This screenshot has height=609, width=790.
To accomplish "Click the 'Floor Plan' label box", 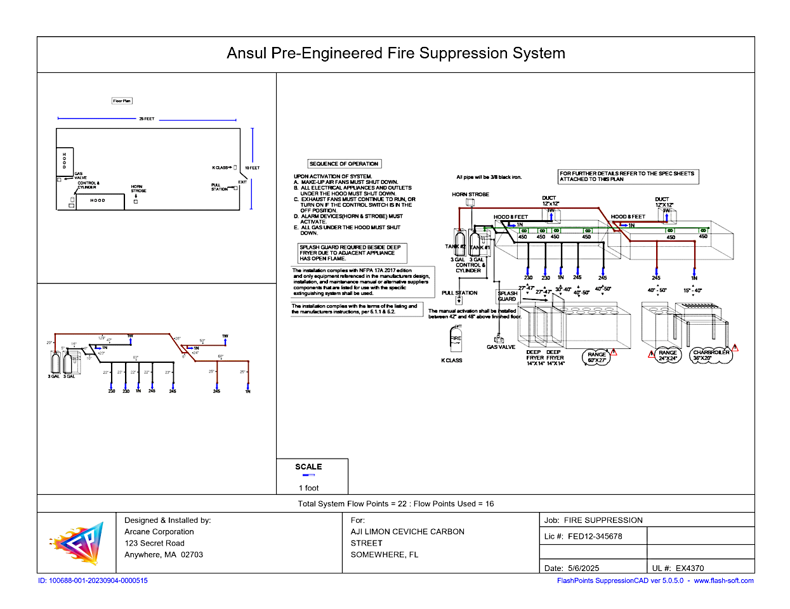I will coord(122,101).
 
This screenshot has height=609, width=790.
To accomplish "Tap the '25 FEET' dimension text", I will coord(147,119).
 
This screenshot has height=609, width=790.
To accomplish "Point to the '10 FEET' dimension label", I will coord(253,168).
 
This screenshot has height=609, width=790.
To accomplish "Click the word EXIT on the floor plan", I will coord(242,182).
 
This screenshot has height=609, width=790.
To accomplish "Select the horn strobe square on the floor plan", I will coord(136,201).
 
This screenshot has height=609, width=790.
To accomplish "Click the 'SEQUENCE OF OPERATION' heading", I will coord(344,164).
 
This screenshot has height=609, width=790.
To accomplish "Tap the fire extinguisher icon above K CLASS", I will coord(456,340).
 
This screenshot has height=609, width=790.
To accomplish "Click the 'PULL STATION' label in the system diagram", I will coord(459,293).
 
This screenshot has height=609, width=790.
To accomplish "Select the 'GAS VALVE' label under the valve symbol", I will coord(501,347).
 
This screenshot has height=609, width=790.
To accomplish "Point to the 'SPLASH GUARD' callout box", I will coord(507,296).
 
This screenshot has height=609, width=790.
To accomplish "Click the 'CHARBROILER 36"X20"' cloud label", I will coord(711,355).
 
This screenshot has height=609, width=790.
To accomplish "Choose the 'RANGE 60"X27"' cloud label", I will coord(596,358).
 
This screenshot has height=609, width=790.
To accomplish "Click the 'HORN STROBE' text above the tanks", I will coord(470,195).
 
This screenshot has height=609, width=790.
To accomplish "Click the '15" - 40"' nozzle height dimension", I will coord(693,291).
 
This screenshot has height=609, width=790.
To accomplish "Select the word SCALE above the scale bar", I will coord(308,467).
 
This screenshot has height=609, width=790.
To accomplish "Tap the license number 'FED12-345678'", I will coord(595,537).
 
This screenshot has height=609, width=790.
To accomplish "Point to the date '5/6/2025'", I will coord(584,568).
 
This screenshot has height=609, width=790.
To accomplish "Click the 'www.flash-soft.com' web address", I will coord(723,580).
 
